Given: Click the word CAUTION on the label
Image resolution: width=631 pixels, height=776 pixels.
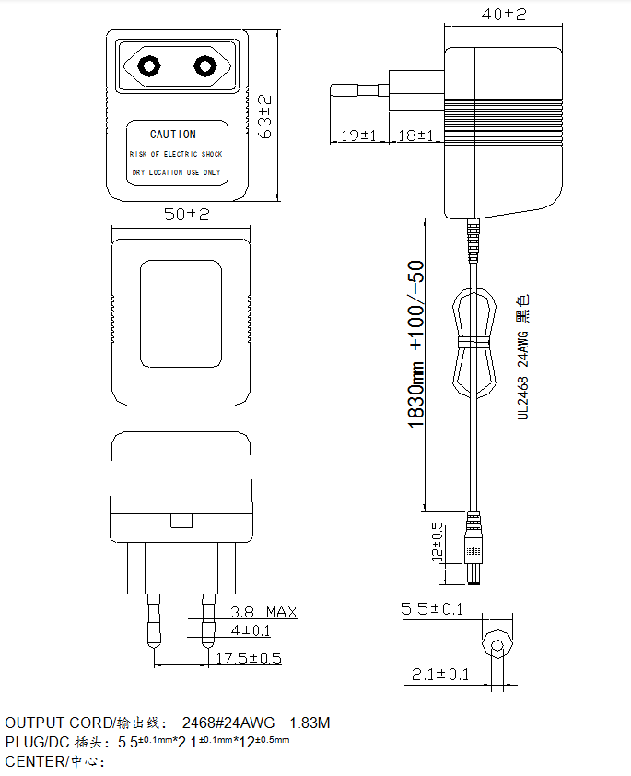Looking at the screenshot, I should [x=173, y=135].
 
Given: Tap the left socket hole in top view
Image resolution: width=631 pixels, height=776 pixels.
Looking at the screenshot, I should [x=148, y=65].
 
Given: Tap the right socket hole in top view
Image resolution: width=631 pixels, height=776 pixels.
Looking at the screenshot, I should [x=204, y=65].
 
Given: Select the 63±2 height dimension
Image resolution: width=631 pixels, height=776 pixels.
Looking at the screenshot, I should [x=265, y=116].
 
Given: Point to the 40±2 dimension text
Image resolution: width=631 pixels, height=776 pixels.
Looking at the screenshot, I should [x=503, y=14].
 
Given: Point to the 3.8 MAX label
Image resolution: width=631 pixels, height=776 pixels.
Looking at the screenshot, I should [x=263, y=612].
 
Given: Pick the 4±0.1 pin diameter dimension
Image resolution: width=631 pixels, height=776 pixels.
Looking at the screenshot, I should [x=251, y=630].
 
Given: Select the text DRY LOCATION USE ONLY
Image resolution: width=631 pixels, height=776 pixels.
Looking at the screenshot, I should [x=176, y=172].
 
